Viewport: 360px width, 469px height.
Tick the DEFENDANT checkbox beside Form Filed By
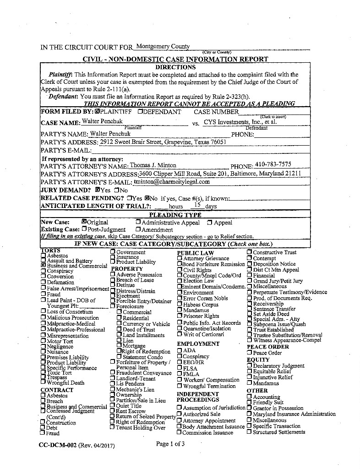point(140,112)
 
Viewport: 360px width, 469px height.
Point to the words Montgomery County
point(163,46)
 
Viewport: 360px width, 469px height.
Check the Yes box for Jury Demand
point(98,190)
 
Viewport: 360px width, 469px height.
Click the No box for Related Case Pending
point(147,198)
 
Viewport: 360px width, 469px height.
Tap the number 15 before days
point(198,205)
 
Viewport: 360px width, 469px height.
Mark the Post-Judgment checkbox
point(84,229)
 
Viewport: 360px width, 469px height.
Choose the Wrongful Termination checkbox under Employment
point(180,386)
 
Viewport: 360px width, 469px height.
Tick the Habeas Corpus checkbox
point(180,305)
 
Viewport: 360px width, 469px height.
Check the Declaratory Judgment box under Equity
point(250,366)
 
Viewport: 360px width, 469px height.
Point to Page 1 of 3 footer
point(170,444)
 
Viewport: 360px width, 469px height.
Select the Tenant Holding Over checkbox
point(112,428)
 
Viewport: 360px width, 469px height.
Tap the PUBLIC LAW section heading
point(195,253)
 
